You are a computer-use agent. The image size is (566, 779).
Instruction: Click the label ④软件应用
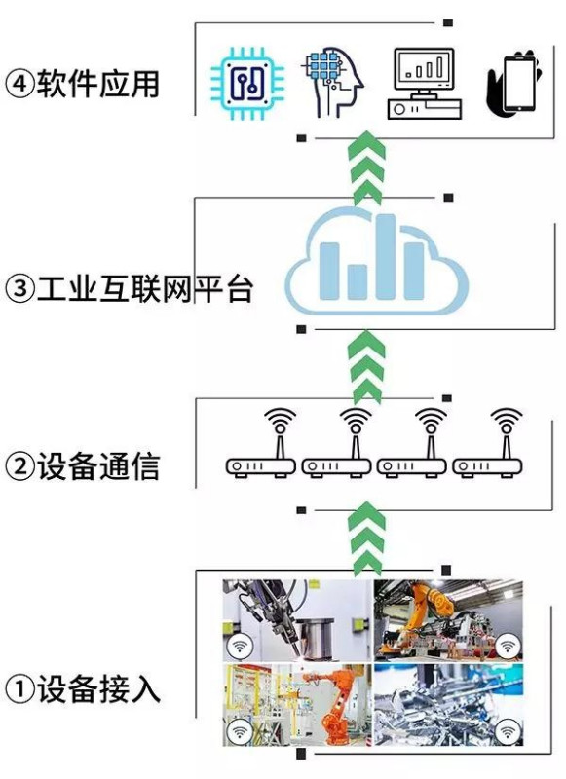(83, 84)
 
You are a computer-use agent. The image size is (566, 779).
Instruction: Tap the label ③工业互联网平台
(129, 288)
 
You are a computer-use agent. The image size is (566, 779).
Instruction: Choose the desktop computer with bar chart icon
(423, 82)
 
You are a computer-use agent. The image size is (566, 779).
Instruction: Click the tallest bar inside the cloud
(383, 255)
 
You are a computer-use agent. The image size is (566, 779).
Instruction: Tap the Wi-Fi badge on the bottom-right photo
(507, 732)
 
